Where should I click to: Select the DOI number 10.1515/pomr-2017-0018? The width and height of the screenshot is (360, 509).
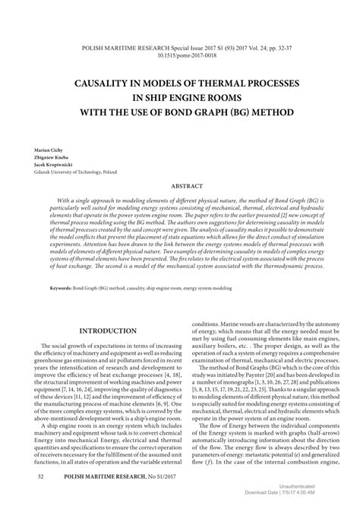(180, 55)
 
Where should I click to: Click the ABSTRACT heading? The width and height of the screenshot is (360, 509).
(180, 185)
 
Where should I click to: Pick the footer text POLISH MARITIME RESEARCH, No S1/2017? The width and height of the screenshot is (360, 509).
(111, 476)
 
